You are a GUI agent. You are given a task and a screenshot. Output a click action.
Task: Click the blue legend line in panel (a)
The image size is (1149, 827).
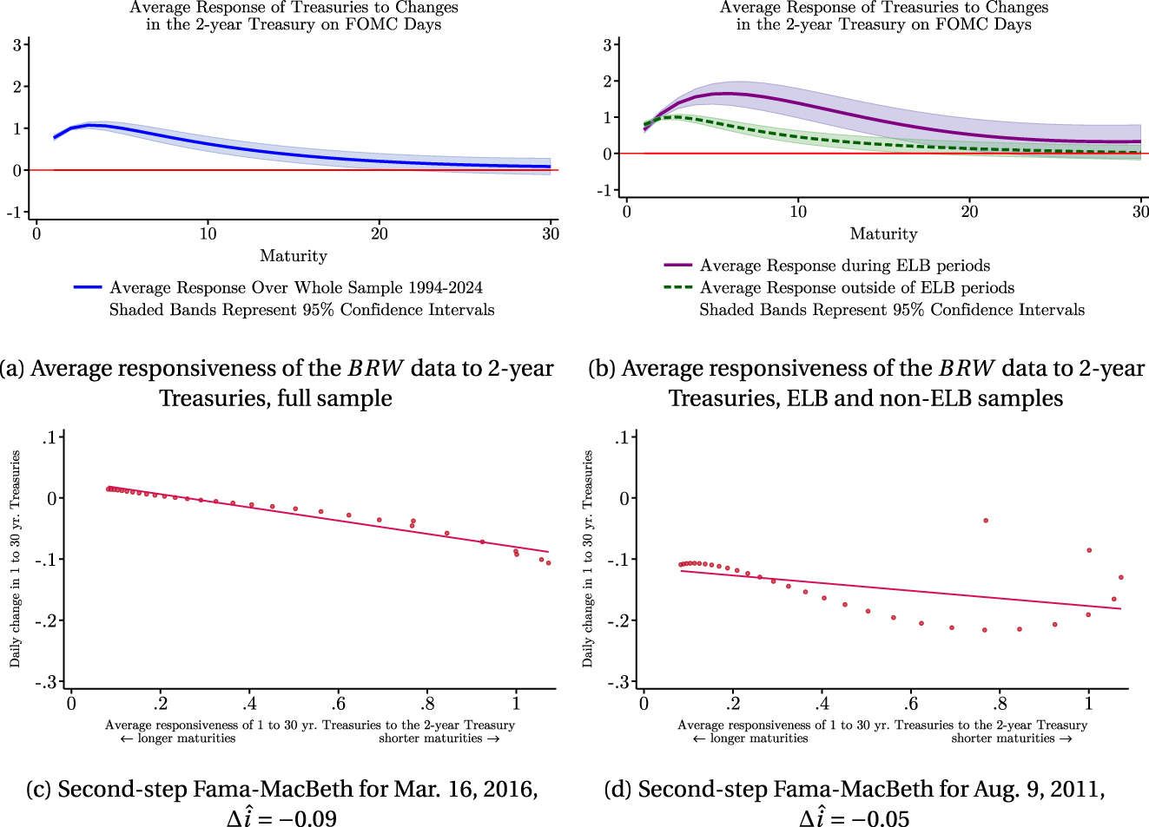tap(89, 287)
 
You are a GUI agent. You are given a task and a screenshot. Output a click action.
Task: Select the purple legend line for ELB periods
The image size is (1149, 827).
tap(677, 265)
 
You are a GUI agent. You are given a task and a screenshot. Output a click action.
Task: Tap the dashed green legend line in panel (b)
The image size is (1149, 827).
tap(677, 287)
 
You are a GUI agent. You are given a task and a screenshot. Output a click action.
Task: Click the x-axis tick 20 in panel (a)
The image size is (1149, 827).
tap(380, 233)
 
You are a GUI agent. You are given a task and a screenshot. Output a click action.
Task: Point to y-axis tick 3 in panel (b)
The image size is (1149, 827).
tap(608, 45)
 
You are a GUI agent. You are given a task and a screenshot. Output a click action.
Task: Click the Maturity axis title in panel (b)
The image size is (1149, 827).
tap(883, 233)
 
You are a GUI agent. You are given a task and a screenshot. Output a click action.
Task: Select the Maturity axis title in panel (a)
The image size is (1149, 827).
tap(294, 256)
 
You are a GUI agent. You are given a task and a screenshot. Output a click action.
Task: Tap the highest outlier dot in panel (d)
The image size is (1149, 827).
tap(986, 521)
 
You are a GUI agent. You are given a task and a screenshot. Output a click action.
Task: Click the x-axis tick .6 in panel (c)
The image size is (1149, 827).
tap(338, 704)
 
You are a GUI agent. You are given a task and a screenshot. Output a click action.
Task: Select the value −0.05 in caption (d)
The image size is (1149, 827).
tap(880, 818)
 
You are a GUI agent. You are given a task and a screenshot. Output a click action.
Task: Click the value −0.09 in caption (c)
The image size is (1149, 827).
tap(307, 818)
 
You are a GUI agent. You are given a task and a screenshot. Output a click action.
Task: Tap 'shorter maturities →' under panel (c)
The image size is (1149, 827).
tap(439, 738)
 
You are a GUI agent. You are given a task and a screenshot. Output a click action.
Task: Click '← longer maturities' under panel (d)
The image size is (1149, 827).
tap(750, 738)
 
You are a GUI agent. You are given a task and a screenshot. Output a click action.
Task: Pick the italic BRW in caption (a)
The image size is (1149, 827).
tap(375, 369)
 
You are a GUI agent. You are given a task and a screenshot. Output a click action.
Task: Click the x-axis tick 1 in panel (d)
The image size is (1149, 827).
tap(1089, 704)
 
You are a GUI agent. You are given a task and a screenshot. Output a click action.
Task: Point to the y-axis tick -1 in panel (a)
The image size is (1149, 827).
tap(16, 213)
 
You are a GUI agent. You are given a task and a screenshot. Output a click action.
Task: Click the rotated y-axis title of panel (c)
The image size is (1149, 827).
tap(15, 559)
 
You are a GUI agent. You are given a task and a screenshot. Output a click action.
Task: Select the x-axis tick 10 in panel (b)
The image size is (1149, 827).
tap(798, 211)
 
